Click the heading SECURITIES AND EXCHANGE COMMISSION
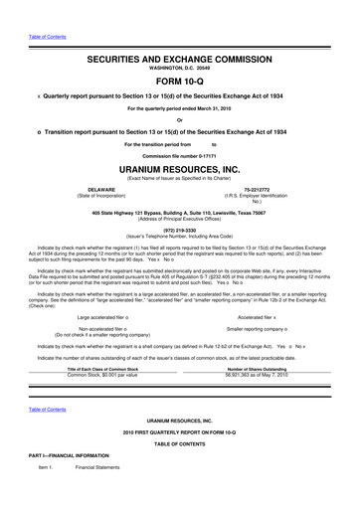coord(179,62)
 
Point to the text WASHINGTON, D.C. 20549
coord(179,70)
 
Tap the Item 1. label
coord(46,494)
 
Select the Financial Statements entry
coord(96,494)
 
